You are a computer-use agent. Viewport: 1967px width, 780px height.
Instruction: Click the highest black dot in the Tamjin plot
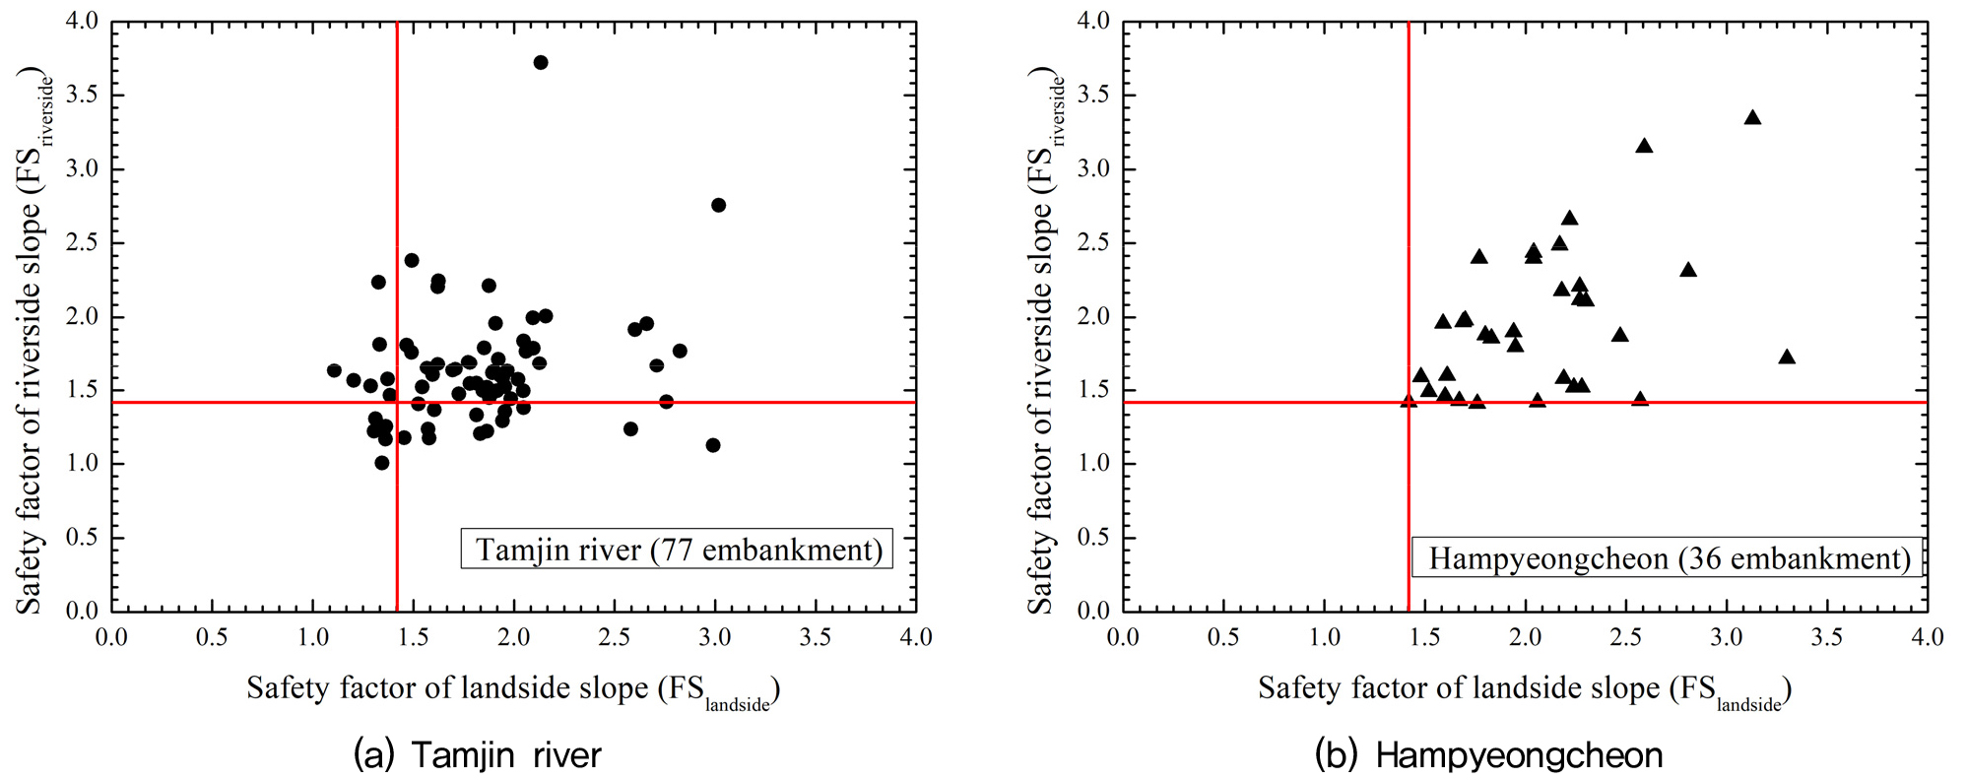(540, 62)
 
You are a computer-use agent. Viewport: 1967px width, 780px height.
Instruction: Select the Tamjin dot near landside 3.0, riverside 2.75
(718, 205)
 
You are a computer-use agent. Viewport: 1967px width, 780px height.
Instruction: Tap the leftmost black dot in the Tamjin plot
(334, 370)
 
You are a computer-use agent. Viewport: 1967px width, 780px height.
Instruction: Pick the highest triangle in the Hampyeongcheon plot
(1752, 117)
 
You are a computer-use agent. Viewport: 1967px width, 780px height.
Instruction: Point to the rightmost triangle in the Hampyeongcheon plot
(1787, 357)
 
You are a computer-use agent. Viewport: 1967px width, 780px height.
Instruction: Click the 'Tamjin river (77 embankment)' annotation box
(677, 549)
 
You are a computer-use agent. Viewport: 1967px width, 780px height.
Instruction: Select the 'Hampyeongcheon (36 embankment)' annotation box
(1667, 557)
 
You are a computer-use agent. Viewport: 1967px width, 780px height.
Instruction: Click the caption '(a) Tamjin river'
(477, 755)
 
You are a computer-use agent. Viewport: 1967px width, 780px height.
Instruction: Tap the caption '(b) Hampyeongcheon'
(1488, 755)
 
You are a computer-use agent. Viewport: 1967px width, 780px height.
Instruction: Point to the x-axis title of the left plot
(513, 689)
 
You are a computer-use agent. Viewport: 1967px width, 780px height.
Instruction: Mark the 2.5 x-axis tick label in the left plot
(614, 637)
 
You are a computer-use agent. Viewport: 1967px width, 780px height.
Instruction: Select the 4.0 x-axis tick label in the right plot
(1927, 637)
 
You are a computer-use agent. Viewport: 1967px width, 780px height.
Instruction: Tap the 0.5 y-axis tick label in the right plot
(1092, 537)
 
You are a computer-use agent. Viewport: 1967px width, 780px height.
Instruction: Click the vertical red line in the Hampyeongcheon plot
(1409, 316)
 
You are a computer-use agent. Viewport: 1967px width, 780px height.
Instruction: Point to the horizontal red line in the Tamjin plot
(513, 402)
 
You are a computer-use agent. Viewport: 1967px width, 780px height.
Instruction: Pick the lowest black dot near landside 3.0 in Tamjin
(713, 445)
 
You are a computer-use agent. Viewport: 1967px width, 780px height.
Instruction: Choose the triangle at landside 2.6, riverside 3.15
(1644, 146)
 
